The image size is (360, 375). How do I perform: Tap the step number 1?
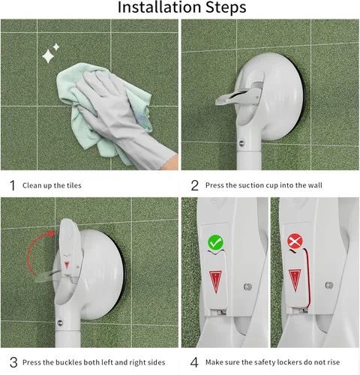pos(11,185)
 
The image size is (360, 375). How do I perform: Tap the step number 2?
pos(193,185)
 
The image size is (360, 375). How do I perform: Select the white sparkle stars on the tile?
pos(51,53)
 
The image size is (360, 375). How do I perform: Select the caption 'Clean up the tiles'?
pos(52,185)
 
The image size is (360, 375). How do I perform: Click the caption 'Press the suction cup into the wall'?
pos(265,185)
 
